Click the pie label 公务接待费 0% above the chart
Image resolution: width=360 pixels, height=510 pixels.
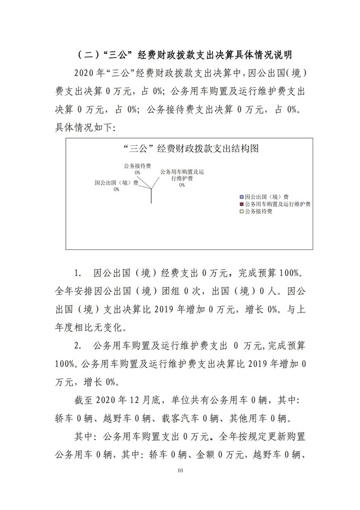[137, 169]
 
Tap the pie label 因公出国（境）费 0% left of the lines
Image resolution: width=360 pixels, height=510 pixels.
[116, 186]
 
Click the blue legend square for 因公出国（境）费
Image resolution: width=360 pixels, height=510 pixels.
[241, 196]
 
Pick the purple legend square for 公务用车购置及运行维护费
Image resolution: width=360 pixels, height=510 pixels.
[241, 203]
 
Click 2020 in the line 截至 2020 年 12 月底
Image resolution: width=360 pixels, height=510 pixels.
[119, 400]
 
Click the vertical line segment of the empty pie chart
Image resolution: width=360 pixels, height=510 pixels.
[151, 194]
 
